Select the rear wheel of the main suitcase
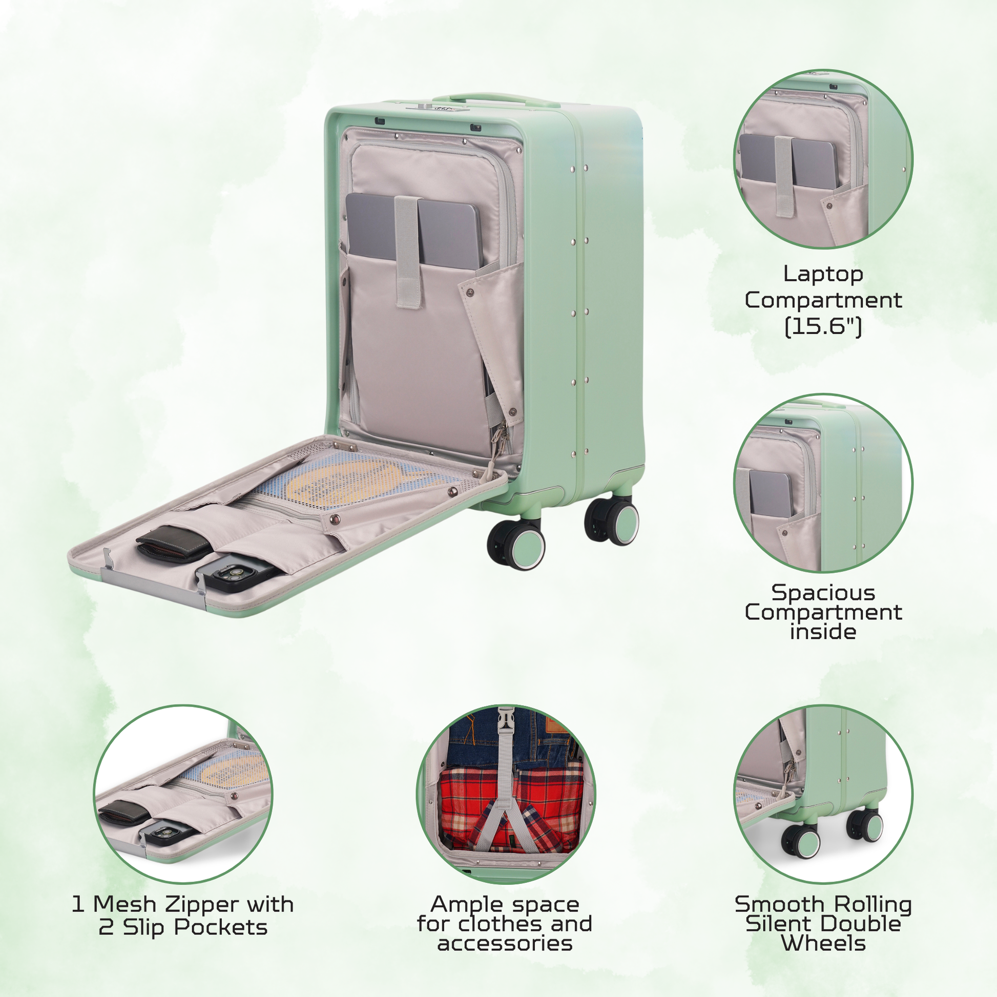coord(612,521)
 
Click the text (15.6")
coord(823,326)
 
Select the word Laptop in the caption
coord(823,274)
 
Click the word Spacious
coord(823,592)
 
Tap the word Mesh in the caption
coord(124,904)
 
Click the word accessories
coord(505,943)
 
